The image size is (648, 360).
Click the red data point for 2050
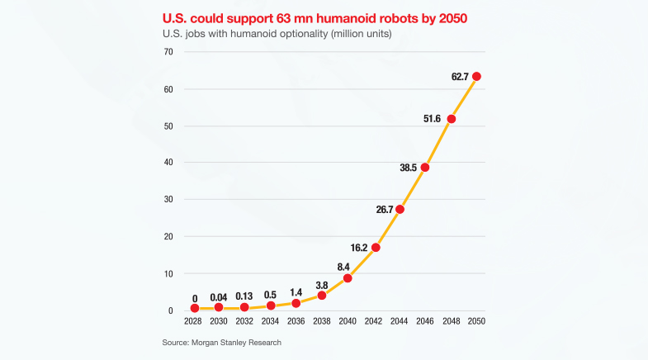[x=476, y=77]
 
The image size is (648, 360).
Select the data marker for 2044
[x=400, y=209]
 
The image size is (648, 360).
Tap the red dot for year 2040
[x=348, y=277]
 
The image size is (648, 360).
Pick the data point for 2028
[x=195, y=308]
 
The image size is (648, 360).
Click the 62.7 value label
[x=459, y=77]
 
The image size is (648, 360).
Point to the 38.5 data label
[x=409, y=167]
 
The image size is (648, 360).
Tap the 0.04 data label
[x=219, y=298]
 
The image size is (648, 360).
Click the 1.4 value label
[x=296, y=293]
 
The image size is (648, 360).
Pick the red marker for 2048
[x=451, y=119]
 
